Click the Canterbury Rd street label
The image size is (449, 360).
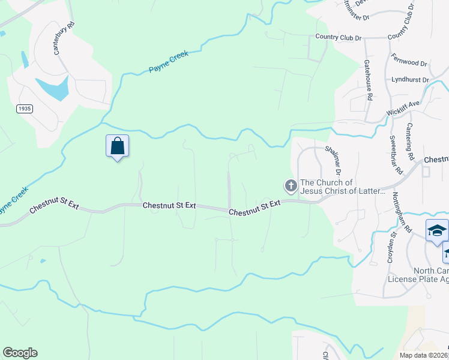click(64, 39)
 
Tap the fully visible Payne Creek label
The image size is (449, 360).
click(169, 62)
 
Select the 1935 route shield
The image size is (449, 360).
click(25, 109)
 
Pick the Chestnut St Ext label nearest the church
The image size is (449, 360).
click(255, 208)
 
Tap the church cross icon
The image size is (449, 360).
click(291, 186)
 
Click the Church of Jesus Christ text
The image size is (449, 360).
click(342, 187)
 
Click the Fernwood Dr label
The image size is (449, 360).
click(409, 61)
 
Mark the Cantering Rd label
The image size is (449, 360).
click(411, 142)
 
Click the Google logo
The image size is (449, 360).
click(20, 353)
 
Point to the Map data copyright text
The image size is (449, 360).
click(424, 355)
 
